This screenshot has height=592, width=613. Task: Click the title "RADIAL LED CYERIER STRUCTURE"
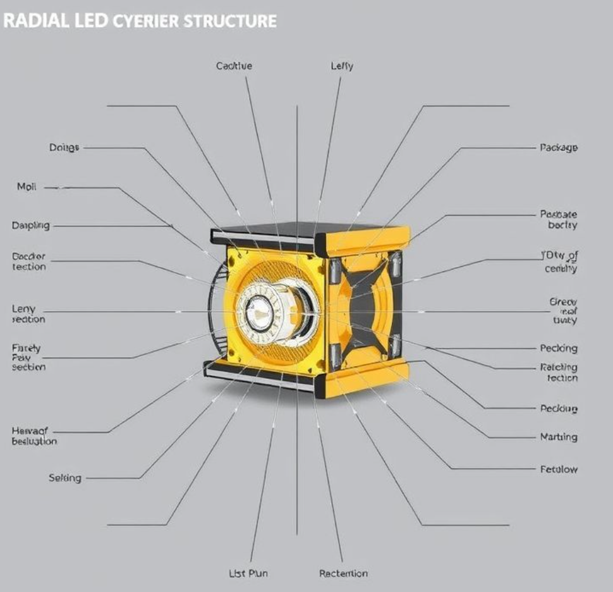pos(139,20)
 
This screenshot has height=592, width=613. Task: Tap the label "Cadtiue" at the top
pos(234,66)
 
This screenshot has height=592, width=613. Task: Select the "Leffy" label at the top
pos(342,66)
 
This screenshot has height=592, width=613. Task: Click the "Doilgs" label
pos(64,147)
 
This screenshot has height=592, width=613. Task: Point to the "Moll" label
pos(27,187)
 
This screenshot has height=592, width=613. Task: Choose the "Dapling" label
pos(30,225)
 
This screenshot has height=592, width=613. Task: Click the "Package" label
pos(558,147)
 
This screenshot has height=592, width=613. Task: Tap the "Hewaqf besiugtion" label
pos(34,436)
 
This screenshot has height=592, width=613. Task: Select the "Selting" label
pos(64,478)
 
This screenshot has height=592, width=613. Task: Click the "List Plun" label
pos(248,573)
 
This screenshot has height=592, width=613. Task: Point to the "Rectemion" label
pos(343,573)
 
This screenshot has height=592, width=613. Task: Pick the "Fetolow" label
pos(559,469)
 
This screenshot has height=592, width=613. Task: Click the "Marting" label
pos(559,436)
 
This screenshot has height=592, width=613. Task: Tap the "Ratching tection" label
pos(559,372)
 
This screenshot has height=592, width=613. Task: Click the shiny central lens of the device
pos(258,314)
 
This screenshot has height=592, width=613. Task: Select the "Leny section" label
pos(28,314)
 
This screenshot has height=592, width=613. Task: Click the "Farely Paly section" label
pos(28,357)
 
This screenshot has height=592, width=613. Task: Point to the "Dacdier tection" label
pos(29,261)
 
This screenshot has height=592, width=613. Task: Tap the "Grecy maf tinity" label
pos(562,311)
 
